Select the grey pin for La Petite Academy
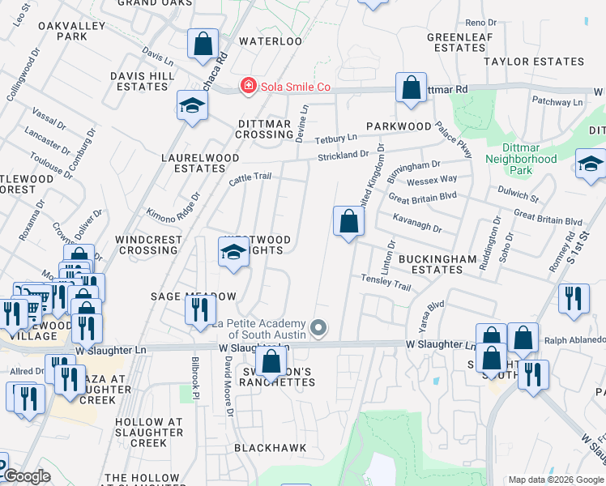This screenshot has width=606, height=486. tap(319, 328)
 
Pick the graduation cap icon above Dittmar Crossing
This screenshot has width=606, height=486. tap(192, 105)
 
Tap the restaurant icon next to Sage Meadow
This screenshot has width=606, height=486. tap(198, 309)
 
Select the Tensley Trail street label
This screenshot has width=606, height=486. tap(386, 282)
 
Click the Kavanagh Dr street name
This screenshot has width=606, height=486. tap(416, 224)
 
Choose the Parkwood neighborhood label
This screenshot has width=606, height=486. tap(398, 126)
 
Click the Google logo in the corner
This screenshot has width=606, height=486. tap(26, 476)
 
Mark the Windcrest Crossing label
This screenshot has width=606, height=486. tap(147, 245)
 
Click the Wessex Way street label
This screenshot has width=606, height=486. tap(432, 179)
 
